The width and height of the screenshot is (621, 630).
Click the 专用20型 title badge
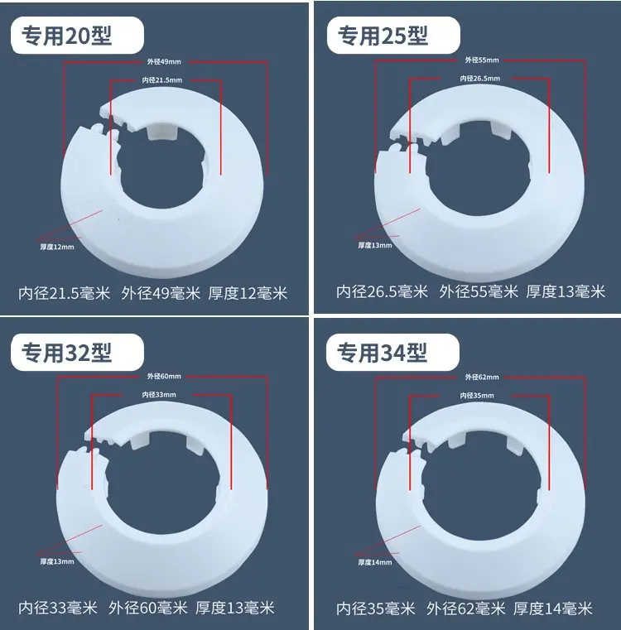coord(77,36)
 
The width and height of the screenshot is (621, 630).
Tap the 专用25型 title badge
coord(393,36)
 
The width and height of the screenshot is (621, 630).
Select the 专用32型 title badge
coord(77,353)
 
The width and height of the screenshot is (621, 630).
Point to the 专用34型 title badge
coord(392,353)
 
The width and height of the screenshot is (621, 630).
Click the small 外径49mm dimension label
coord(164,62)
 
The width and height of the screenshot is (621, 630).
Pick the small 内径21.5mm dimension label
coord(162,80)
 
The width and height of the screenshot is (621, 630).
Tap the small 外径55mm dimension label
coord(482,60)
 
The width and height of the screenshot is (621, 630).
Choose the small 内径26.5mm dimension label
coord(480,79)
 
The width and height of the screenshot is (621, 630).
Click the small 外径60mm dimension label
coord(164,377)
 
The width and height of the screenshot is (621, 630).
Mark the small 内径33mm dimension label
coord(159,395)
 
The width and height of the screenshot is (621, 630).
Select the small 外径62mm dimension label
coord(482,378)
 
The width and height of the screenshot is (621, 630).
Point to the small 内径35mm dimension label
coord(477,396)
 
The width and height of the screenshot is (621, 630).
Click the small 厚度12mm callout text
coord(57,247)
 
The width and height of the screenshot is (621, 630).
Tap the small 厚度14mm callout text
coord(375,562)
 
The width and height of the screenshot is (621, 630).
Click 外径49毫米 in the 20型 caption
coord(161,293)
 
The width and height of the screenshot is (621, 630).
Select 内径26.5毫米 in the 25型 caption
coord(383,291)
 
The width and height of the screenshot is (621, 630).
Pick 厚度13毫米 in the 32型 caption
coord(234,608)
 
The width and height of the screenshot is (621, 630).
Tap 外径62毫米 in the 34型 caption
coord(466,608)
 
